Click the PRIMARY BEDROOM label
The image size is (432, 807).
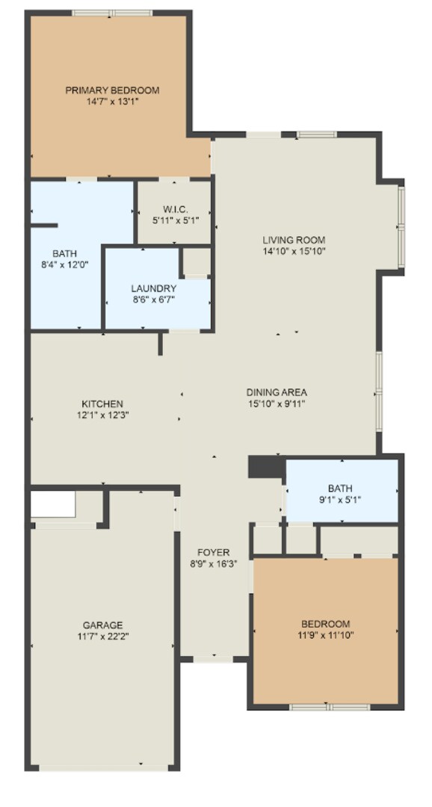(x=112, y=90)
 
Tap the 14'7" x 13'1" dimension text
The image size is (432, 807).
(x=112, y=101)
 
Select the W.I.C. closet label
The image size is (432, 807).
(x=174, y=209)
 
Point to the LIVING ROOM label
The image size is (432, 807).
(x=294, y=240)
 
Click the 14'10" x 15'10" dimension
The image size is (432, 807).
(x=294, y=251)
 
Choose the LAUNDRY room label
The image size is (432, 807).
(x=153, y=288)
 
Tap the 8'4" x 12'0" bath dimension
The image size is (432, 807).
(x=64, y=264)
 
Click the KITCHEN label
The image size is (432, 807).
(x=102, y=403)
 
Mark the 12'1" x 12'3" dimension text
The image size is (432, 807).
(x=102, y=415)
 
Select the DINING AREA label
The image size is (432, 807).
(x=277, y=392)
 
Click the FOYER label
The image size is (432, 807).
(x=213, y=553)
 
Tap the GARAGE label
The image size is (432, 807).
(x=102, y=625)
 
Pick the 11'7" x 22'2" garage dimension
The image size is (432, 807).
(x=102, y=636)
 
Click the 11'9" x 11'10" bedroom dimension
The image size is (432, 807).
(x=325, y=635)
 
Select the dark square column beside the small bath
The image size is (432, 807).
(x=265, y=467)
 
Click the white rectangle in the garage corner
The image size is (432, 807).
(x=52, y=505)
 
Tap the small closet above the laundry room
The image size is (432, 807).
(x=197, y=262)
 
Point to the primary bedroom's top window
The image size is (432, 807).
(x=112, y=13)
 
